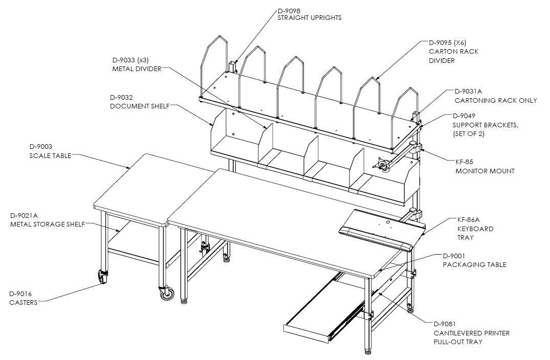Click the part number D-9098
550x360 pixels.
coord(289,11)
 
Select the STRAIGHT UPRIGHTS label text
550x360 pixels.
coord(310,17)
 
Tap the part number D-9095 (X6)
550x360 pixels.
coord(448,43)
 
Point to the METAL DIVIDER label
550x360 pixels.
coord(137,69)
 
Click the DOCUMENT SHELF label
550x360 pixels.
coord(140,106)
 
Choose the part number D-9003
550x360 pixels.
coord(41,147)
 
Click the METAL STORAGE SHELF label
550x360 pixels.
coord(48,224)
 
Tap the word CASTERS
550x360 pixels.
coord(23,302)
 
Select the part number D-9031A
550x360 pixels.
coord(468,91)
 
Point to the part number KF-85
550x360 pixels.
coord(464,162)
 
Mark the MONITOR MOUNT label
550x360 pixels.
coord(485,171)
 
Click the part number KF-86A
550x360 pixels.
coord(468,220)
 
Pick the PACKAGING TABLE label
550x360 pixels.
coord(474,265)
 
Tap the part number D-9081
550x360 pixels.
coord(445,324)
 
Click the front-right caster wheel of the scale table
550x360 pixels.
coord(167,293)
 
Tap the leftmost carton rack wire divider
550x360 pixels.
coord(214,66)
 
